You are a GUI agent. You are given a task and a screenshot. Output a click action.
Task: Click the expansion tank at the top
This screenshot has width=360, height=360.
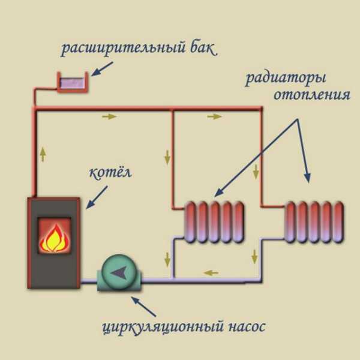coord(73,82)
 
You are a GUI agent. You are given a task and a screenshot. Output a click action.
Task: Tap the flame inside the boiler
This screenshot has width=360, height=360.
coord(55,238)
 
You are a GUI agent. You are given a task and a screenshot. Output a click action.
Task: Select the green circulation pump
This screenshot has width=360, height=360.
coord(119,273)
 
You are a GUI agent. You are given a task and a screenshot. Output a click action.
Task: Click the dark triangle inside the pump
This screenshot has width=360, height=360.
coord(119,273)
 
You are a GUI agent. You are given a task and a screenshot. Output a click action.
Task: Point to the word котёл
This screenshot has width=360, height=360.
coord(110,172)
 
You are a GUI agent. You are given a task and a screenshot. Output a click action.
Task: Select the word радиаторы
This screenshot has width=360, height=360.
coord(286,79)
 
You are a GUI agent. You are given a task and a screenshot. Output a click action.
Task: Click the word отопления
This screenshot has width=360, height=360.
coord(312,95)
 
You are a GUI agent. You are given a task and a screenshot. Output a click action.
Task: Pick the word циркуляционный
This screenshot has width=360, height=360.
coord(163,327)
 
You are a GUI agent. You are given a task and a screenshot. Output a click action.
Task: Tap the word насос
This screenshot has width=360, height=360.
coord(247,326)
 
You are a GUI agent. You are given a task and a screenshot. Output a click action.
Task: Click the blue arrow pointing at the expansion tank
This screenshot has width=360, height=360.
coord(102,68)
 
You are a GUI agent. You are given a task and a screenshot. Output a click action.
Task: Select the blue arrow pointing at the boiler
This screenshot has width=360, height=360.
coord(97,197)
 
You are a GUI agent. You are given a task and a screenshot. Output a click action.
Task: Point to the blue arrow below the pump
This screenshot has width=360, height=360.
coord(143,307)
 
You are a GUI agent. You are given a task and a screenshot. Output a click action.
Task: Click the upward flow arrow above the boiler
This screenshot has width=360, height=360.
coord(43,154)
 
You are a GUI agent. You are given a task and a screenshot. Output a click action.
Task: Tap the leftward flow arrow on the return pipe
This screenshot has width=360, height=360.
coord(211,273)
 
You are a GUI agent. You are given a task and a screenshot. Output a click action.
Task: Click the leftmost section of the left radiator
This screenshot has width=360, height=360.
coord(190,222)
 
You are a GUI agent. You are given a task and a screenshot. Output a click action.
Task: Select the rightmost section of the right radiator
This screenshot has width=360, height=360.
coord(338,222)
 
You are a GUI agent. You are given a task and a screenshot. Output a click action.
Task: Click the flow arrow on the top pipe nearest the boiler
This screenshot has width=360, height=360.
coord(109,116)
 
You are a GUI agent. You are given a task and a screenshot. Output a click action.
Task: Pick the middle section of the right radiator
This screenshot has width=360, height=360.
coord(314,222)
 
